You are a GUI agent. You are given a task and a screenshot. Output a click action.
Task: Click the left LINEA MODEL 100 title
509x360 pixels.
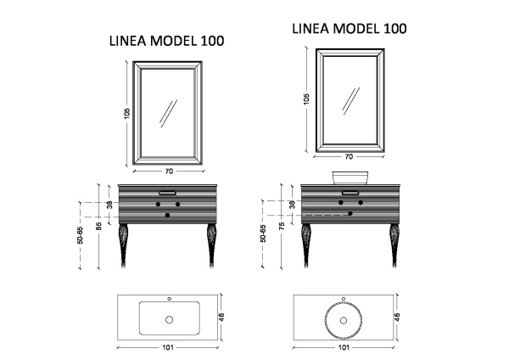pos(167,41)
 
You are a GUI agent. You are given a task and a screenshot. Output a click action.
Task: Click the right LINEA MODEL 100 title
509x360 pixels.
pos(350,29)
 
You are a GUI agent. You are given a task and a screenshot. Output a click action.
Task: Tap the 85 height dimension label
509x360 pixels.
pos(99,226)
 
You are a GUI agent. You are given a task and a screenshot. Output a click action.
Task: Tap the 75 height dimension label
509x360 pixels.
pos(282,226)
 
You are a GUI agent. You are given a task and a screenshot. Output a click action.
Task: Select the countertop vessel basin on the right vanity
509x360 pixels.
pos(350,177)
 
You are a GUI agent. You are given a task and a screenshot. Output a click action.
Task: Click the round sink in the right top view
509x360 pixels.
pos(344,320)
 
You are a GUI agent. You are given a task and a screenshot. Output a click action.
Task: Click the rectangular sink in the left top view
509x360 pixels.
pos(170,318)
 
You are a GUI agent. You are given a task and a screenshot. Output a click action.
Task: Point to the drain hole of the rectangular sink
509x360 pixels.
pos(169,320)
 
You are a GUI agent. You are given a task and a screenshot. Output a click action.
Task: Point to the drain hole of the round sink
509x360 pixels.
pos(343,320)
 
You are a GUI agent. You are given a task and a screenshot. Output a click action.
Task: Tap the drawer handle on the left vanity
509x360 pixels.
pos(167,193)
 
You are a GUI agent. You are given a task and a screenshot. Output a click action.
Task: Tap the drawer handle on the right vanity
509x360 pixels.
pos(350,193)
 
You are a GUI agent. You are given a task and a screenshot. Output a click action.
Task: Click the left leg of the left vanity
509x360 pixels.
pos(123,245)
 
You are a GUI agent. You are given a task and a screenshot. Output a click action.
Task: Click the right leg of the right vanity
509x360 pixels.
pos(394,245)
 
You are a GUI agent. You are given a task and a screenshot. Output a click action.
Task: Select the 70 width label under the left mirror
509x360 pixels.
pos(169,172)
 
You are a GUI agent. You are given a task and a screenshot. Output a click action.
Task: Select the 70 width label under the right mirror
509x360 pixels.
pos(349,156)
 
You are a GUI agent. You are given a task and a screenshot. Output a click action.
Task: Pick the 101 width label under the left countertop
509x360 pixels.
pos(168,347)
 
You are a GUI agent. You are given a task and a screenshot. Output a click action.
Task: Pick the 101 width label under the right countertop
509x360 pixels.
pos(344,347)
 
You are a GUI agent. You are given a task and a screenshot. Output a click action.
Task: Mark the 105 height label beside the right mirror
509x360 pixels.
pos(306,98)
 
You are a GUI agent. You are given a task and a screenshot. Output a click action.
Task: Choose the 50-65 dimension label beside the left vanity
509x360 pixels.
pos(81,235)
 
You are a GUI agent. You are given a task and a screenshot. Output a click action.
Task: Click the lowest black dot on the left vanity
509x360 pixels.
pos(167,215)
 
